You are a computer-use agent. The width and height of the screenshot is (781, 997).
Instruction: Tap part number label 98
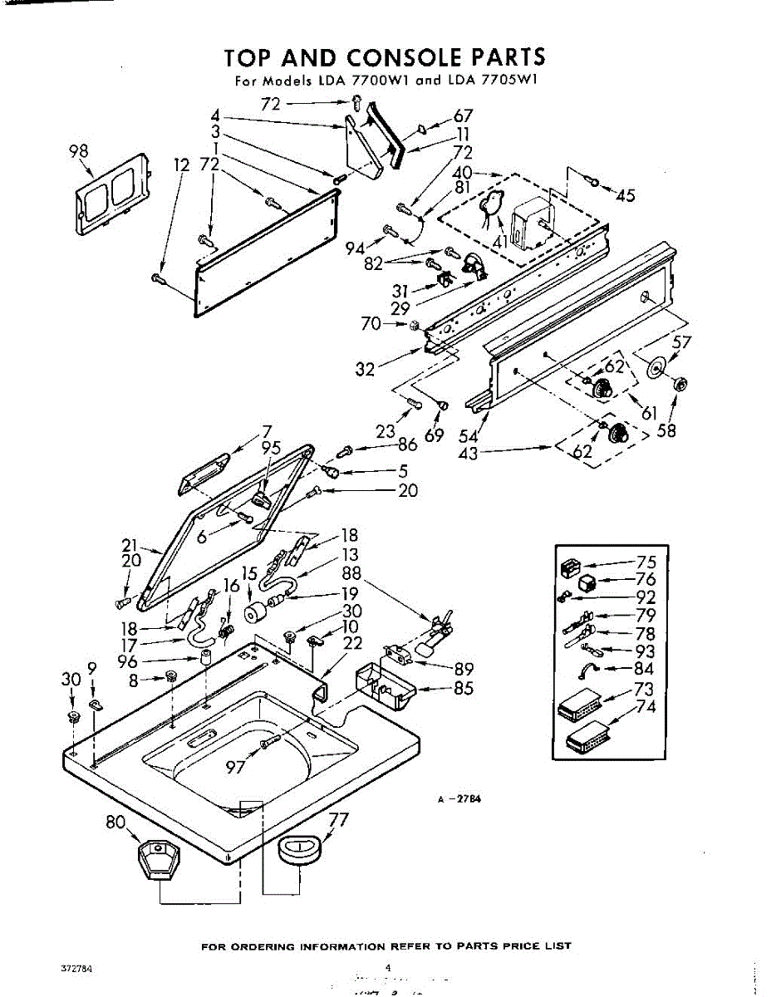79,150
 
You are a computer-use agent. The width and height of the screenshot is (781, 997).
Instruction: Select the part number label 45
625,196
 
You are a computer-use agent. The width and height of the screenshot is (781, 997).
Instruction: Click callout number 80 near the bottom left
115,823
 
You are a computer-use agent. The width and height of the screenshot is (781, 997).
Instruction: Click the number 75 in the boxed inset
646,562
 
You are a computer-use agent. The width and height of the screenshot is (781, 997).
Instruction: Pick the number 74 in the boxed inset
646,707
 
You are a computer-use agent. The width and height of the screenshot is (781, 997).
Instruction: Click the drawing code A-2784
461,799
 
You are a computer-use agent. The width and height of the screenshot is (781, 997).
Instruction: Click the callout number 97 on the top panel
236,766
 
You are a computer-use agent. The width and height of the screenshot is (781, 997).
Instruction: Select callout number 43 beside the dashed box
468,454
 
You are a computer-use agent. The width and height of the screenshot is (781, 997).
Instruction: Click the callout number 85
464,689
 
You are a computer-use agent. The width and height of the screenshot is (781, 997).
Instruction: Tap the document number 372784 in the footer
76,969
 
